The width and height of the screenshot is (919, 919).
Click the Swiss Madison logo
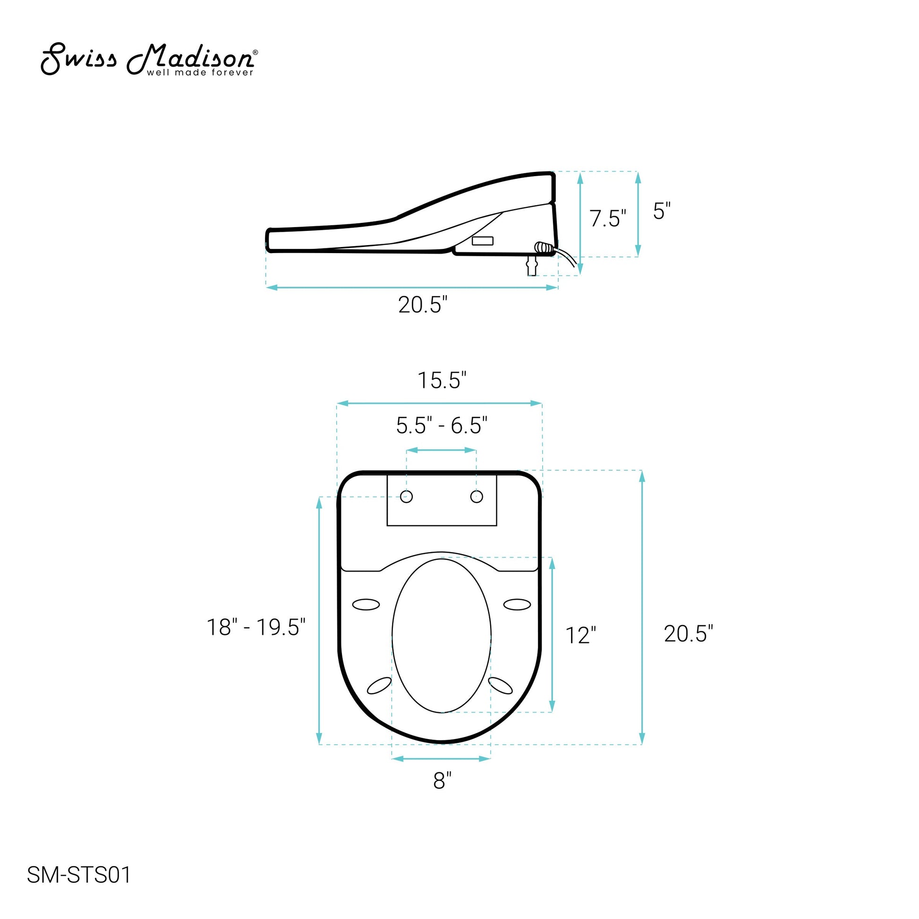click(x=149, y=60)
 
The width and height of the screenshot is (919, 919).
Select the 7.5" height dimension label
click(x=608, y=218)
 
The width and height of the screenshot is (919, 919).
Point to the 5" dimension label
click(x=662, y=211)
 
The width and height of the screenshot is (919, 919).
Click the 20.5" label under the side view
click(x=423, y=305)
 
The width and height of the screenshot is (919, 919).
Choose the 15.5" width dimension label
click(x=442, y=381)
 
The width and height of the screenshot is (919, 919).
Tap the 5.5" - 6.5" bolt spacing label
click(x=442, y=425)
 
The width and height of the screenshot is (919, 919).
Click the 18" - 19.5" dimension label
click(x=256, y=627)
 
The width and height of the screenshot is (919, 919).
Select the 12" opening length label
click(x=580, y=636)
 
